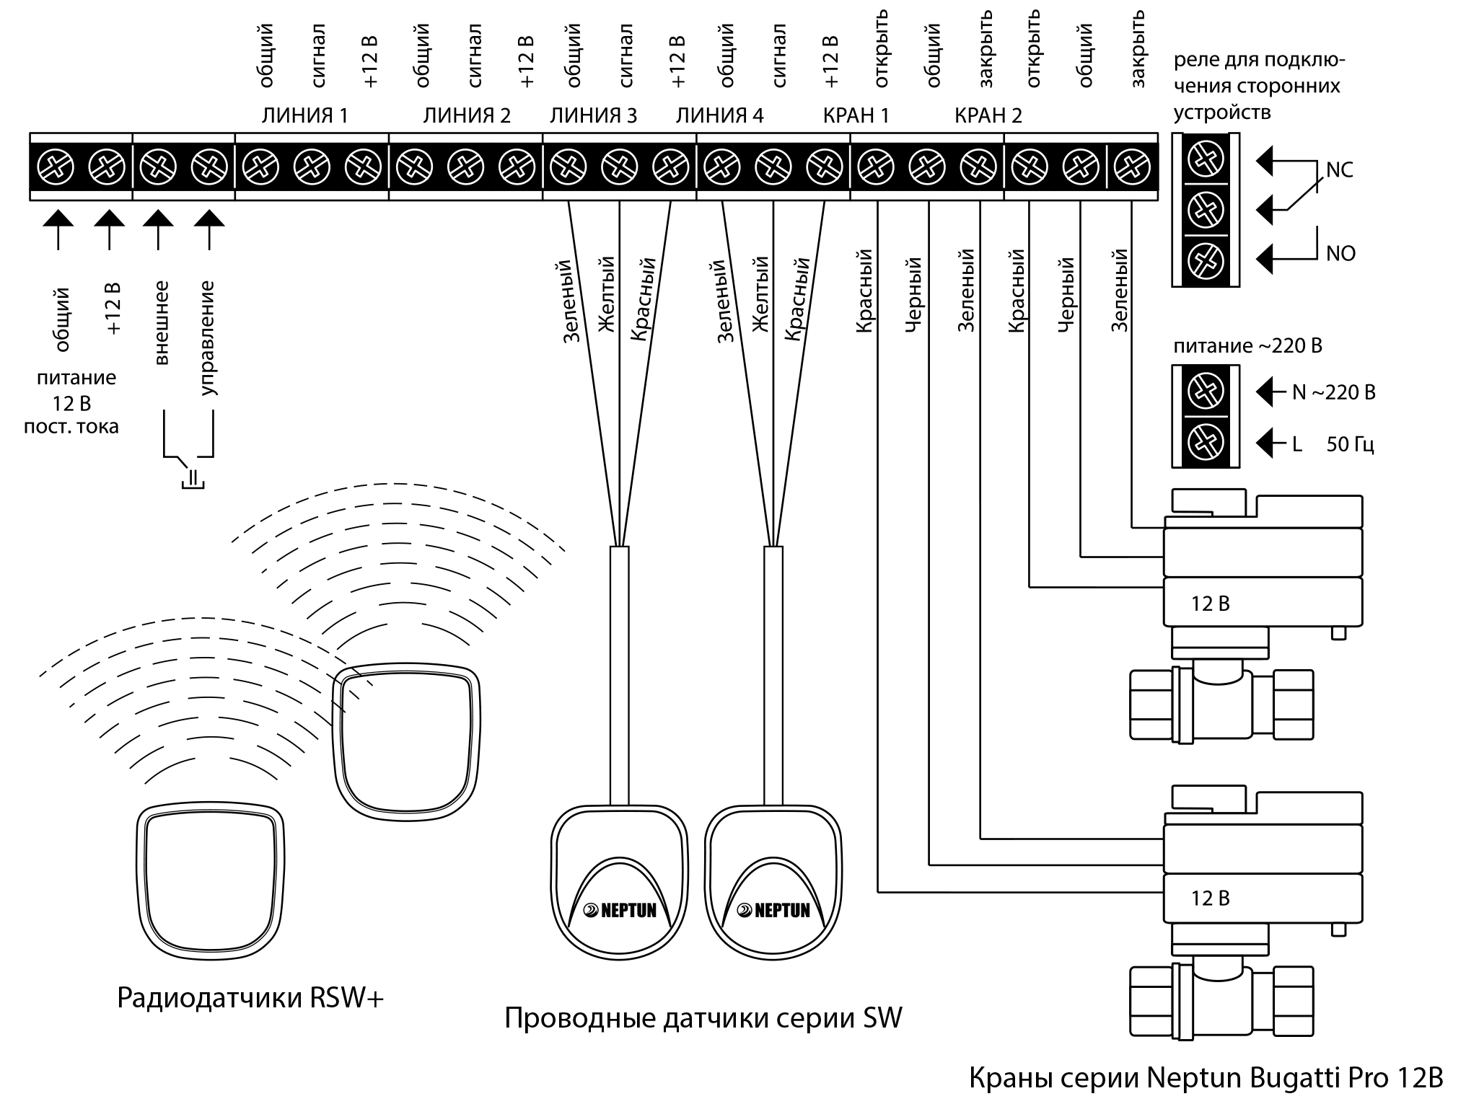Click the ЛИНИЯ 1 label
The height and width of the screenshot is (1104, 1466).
click(x=304, y=115)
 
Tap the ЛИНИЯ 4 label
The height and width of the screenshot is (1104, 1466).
click(x=719, y=115)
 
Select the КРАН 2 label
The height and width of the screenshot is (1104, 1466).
click(x=988, y=115)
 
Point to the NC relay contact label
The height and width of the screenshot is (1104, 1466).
click(x=1339, y=170)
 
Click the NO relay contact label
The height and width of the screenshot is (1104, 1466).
click(x=1340, y=253)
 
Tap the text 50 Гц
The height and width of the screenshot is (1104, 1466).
click(x=1350, y=444)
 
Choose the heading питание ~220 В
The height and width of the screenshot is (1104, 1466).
click(x=1247, y=346)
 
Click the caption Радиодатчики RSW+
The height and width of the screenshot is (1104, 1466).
click(x=250, y=998)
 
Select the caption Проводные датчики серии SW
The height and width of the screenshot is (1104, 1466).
click(x=703, y=1018)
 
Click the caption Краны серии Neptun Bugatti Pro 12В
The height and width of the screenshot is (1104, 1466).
click(x=1205, y=1078)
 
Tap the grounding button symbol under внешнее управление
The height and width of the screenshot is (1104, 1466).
click(x=192, y=478)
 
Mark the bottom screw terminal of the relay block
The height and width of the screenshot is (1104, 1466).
click(x=1205, y=259)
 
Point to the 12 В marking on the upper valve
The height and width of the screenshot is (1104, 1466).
click(x=1210, y=604)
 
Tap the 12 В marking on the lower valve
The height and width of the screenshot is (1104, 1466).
click(x=1210, y=898)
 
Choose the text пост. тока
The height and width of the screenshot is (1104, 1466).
click(x=71, y=427)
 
